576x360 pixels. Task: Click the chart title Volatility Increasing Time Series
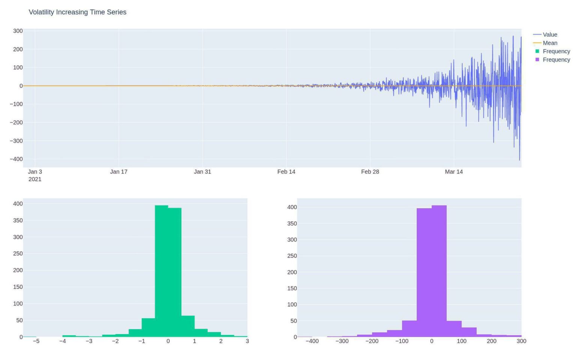(77, 12)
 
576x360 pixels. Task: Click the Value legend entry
(550, 34)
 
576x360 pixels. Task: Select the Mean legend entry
(550, 43)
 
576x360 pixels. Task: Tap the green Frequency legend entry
(556, 51)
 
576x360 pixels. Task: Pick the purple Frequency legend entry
(556, 60)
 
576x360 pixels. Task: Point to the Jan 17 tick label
(118, 172)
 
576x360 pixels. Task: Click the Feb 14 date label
(286, 172)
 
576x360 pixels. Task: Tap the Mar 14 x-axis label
(454, 172)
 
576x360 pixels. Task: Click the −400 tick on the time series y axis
(16, 159)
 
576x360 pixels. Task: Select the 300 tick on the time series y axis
(18, 31)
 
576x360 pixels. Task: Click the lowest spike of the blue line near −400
(519, 159)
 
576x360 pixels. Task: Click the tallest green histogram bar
(161, 270)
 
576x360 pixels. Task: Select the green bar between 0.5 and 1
(188, 326)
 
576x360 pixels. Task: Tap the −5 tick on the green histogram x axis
(36, 341)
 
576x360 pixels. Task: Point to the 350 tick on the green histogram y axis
(18, 220)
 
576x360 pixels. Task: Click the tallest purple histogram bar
(439, 270)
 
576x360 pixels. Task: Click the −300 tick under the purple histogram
(342, 341)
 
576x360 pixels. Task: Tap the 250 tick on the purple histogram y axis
(292, 256)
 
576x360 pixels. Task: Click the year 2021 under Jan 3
(35, 179)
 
